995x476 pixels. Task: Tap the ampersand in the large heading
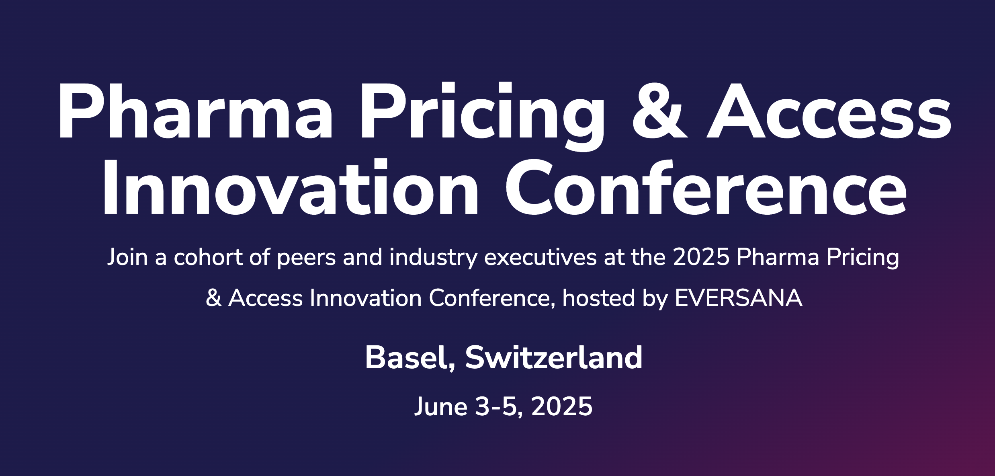click(x=660, y=111)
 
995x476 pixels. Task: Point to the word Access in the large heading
click(x=829, y=111)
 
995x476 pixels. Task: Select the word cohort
click(x=208, y=257)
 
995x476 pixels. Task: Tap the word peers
click(x=306, y=259)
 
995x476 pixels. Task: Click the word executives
click(x=540, y=257)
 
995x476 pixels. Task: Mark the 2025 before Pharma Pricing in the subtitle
click(x=701, y=257)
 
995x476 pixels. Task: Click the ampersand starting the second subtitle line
click(x=213, y=298)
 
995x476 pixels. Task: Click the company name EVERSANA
click(x=739, y=298)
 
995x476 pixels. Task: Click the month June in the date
click(x=441, y=406)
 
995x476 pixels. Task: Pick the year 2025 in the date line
click(x=562, y=406)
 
